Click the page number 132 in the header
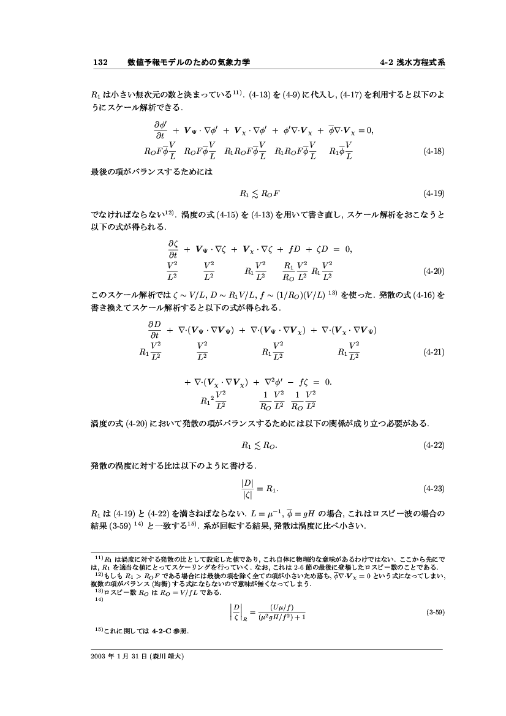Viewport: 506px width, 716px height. click(100, 62)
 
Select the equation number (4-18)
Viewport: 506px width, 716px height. click(434, 150)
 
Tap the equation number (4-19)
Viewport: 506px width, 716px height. click(434, 194)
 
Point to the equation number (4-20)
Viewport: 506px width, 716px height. click(434, 270)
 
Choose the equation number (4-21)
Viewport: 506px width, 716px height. click(434, 352)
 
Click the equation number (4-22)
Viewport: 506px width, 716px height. click(434, 445)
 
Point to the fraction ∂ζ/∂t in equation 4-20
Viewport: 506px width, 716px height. click(173, 248)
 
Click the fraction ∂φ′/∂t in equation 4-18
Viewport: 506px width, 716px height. click(160, 130)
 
